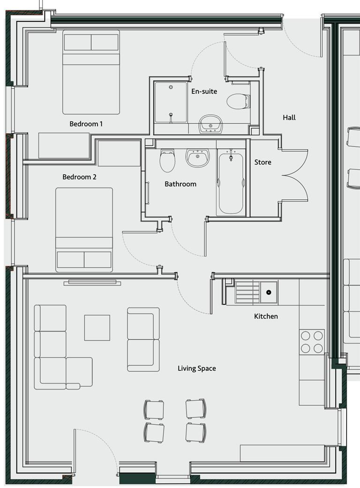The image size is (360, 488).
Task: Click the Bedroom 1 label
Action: tap(86, 124)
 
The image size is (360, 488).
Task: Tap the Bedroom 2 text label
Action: tap(79, 177)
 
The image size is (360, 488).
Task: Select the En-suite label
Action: tap(204, 91)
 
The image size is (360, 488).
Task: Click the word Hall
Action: tap(289, 117)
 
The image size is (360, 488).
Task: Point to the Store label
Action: tap(262, 162)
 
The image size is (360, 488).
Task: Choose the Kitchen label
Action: tap(266, 316)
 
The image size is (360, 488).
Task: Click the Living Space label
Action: tap(196, 368)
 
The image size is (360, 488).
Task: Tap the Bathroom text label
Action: tap(180, 184)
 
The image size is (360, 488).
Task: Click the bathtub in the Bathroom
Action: tap(231, 182)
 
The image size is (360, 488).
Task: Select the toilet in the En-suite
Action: tap(238, 101)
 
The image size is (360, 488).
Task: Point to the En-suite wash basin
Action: tap(210, 124)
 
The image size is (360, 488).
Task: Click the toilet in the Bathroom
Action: tap(167, 160)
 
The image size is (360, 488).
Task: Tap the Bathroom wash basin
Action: tap(198, 158)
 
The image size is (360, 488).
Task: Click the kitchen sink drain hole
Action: tap(269, 293)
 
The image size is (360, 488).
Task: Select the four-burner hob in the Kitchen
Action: tap(312, 342)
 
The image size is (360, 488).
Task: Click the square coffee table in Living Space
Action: tap(97, 328)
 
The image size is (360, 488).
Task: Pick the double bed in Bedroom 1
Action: tap(91, 72)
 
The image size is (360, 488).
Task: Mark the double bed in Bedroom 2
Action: tap(84, 230)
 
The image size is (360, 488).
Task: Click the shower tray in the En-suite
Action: tap(171, 102)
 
